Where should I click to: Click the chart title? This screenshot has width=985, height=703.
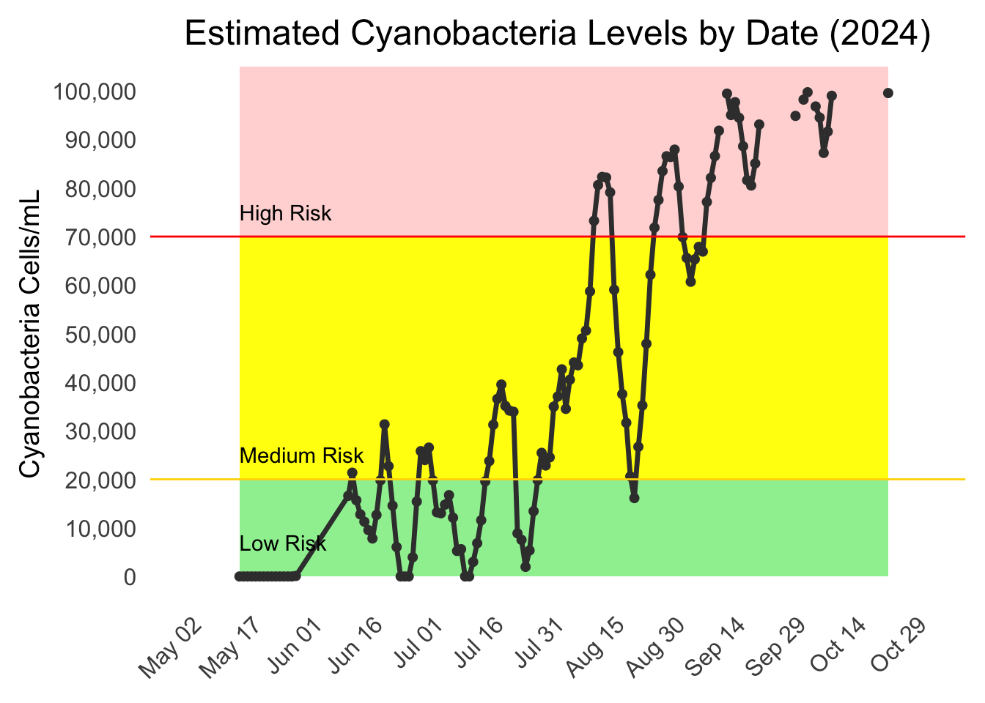[x=557, y=34]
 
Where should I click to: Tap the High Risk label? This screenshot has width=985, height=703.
[x=285, y=214]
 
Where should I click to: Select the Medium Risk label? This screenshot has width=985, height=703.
[x=301, y=455]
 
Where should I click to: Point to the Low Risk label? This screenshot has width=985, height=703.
[x=283, y=543]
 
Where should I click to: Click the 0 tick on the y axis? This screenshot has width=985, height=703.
[x=129, y=577]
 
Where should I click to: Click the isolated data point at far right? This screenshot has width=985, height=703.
[x=888, y=93]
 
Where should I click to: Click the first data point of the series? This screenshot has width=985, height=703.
[x=239, y=576]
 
